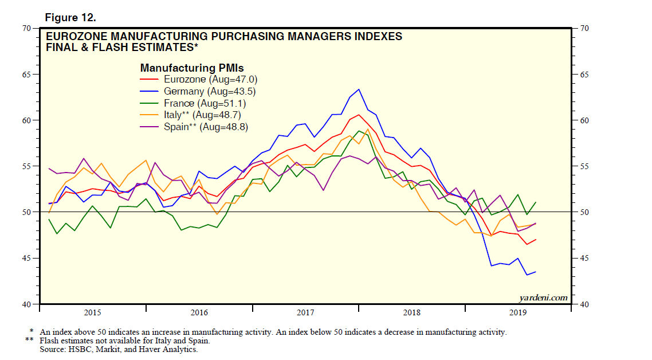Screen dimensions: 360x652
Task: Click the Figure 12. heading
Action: point(70,18)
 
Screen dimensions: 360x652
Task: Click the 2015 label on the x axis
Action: point(92,312)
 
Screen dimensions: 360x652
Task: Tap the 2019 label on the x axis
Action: point(519,312)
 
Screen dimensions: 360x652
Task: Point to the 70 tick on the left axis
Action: point(27,28)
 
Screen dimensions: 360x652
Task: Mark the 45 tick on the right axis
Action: point(584,259)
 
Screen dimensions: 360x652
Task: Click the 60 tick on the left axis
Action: point(27,120)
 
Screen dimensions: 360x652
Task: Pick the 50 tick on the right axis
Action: point(584,213)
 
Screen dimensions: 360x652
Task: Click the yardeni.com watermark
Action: point(544,298)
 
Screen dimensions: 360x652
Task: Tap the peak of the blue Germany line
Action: point(359,89)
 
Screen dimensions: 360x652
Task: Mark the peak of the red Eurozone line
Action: point(359,115)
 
